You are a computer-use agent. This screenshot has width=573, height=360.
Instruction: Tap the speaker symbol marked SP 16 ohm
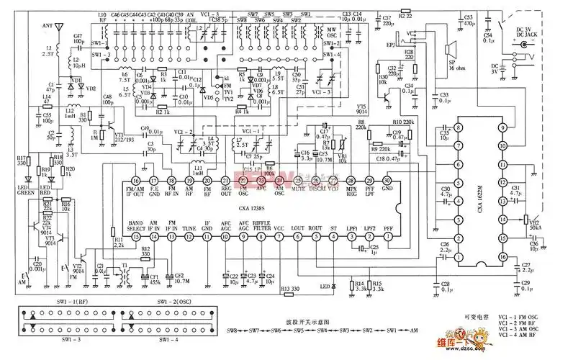449,50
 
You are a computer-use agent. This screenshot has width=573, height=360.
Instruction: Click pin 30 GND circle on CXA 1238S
387,180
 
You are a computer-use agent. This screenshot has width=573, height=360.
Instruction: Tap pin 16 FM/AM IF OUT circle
135,180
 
